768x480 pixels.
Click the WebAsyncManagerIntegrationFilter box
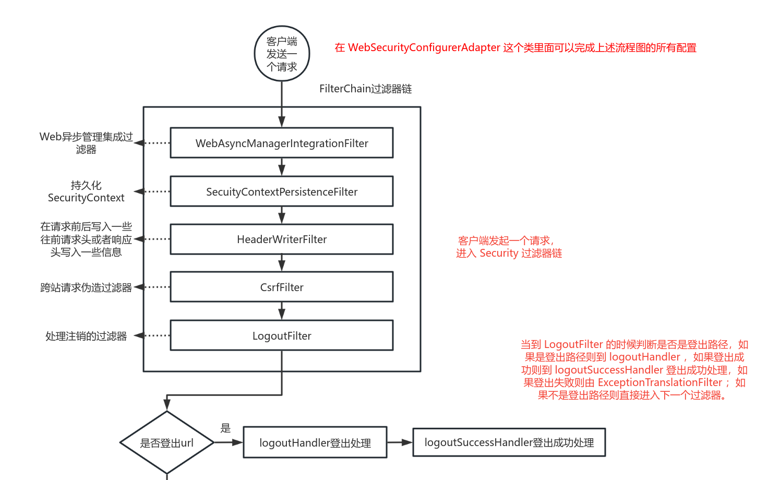[x=282, y=143]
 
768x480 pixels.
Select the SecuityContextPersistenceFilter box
[x=282, y=191]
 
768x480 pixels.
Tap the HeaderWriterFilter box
[x=282, y=239]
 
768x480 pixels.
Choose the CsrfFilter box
[x=282, y=287]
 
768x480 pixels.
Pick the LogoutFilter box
[x=282, y=335]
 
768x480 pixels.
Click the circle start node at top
[x=282, y=54]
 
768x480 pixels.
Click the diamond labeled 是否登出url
[x=167, y=443]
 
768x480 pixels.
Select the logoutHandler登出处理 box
[x=315, y=443]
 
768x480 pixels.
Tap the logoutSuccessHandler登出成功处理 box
[x=509, y=442]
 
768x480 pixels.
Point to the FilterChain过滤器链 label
[x=365, y=89]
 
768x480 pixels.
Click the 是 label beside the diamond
[x=225, y=428]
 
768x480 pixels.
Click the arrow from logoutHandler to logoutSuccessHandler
[x=400, y=442]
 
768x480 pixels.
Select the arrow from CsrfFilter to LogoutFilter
[x=282, y=311]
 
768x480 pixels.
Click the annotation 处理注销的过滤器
[x=86, y=336]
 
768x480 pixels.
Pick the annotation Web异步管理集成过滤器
[x=86, y=142]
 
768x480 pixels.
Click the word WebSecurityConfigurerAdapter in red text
[x=424, y=47]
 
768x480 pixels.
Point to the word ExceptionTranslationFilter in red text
[x=659, y=382]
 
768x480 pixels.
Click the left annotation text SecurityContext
[x=86, y=198]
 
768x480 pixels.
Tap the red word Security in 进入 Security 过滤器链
[x=498, y=253]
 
